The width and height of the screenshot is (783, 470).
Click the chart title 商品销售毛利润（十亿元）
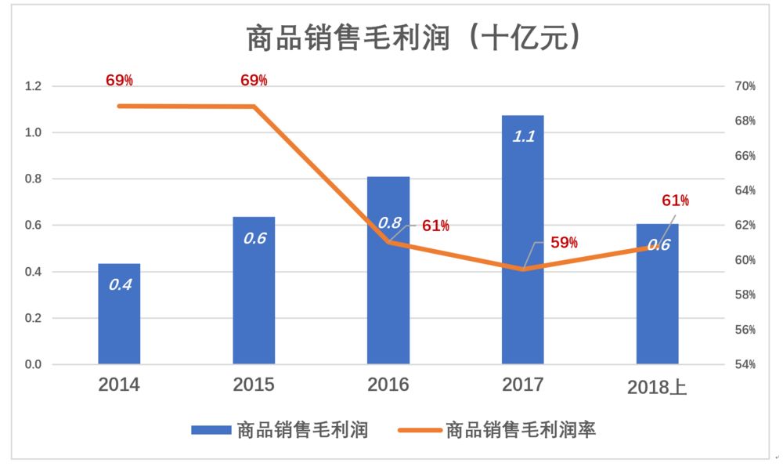click(414, 38)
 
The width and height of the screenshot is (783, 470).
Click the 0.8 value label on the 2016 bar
click(390, 222)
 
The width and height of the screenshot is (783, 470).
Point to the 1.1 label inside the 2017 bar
click(523, 136)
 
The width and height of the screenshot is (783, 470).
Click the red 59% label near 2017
click(564, 243)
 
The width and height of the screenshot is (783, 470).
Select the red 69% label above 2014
click(119, 80)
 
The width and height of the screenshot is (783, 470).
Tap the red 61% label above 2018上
click(675, 201)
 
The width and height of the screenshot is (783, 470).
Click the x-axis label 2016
click(388, 385)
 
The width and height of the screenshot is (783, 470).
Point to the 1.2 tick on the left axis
click(33, 86)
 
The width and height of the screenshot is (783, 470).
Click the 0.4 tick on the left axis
click(33, 272)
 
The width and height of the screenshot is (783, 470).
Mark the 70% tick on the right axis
click(745, 86)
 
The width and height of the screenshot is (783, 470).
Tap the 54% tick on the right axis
click(745, 365)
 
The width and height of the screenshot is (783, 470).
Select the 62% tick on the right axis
click(745, 226)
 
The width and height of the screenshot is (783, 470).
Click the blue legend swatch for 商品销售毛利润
click(210, 429)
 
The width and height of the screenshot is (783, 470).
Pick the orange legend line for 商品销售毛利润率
click(419, 429)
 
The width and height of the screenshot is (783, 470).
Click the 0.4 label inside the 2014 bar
click(119, 284)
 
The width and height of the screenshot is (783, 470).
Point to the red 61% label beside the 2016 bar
click(435, 226)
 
